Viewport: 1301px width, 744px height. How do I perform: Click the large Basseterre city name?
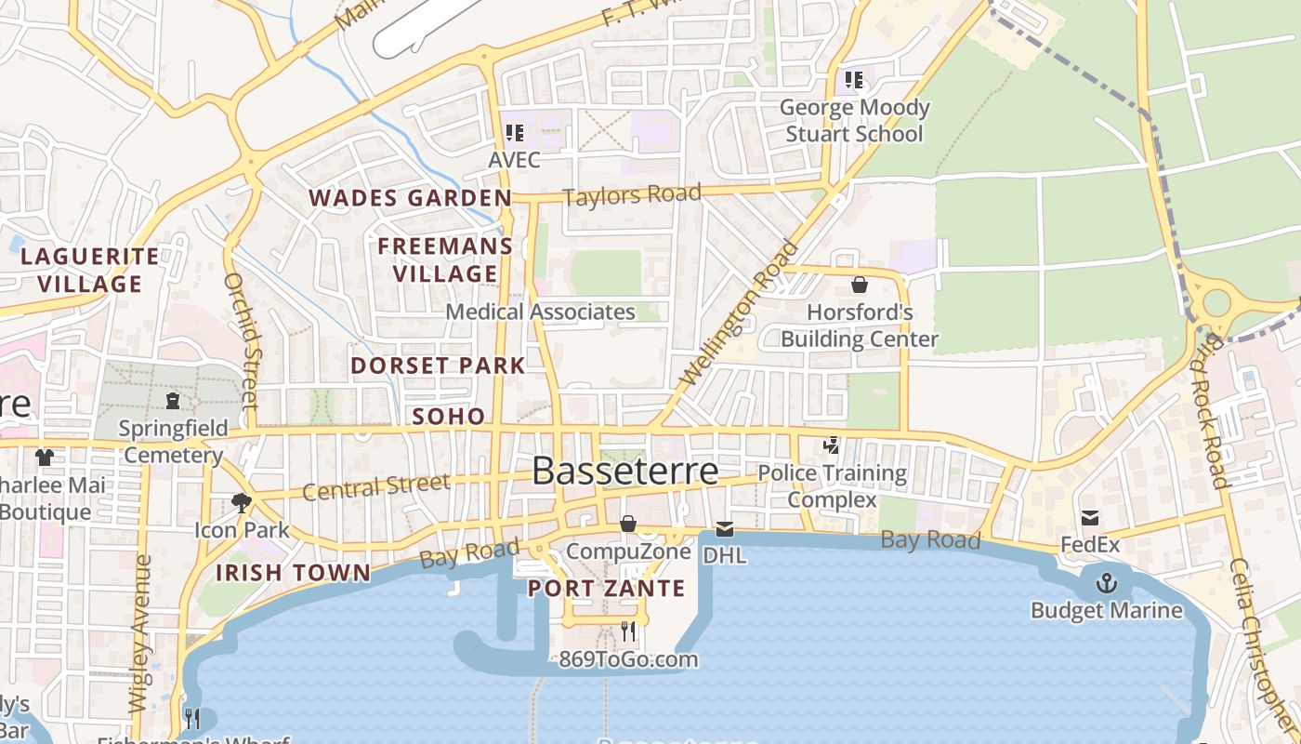(x=625, y=472)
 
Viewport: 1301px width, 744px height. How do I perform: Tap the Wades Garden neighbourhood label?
(x=410, y=198)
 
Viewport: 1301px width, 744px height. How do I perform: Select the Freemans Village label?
(x=445, y=259)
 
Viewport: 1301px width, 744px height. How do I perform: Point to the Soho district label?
(x=449, y=417)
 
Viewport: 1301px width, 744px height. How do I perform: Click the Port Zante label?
(x=606, y=589)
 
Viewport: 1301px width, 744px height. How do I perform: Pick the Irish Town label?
(x=293, y=573)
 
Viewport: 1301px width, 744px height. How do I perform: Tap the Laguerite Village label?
(x=89, y=270)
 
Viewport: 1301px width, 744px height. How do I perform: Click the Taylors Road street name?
(x=632, y=195)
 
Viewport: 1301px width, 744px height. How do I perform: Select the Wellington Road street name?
(x=740, y=313)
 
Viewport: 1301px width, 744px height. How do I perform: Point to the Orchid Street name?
(x=240, y=340)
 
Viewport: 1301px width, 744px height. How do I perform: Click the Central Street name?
(x=376, y=486)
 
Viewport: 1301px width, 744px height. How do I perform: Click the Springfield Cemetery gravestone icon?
(x=172, y=401)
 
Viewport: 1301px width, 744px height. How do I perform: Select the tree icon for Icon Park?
(x=242, y=503)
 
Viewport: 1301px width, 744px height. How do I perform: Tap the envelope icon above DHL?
(x=724, y=530)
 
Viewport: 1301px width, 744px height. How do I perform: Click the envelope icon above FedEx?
(x=1090, y=518)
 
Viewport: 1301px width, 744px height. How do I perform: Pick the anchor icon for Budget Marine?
(x=1106, y=584)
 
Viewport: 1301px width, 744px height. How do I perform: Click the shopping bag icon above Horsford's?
(x=860, y=285)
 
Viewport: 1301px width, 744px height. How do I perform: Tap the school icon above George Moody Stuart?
(x=853, y=80)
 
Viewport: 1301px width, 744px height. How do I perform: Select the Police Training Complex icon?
(x=832, y=446)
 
